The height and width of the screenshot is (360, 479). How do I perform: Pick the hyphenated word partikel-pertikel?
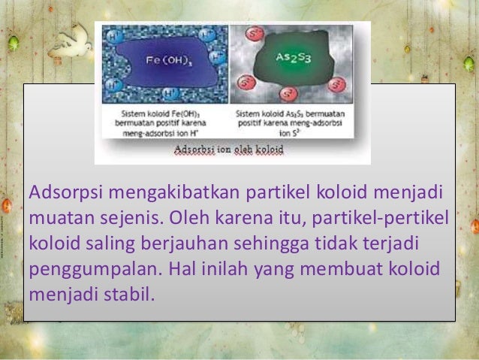tap(381, 218)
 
